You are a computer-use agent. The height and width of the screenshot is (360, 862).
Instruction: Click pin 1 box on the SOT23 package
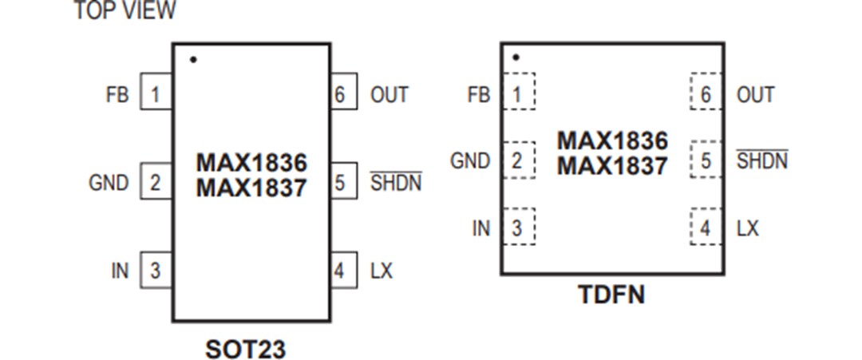click(156, 94)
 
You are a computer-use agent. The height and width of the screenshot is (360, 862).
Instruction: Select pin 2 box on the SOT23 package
click(156, 183)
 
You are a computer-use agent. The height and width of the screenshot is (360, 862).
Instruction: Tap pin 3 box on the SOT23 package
click(156, 271)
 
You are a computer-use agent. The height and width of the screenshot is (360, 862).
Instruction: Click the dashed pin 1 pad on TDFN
click(518, 94)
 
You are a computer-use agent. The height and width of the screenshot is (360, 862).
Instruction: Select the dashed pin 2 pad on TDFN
click(518, 160)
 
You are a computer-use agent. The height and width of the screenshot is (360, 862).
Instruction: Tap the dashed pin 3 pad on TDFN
click(518, 227)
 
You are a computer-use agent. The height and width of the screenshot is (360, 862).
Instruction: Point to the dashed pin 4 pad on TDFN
click(706, 227)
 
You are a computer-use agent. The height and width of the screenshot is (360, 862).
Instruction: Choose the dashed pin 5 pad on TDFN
click(706, 160)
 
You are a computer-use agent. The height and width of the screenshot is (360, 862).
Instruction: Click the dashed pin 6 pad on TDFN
click(706, 94)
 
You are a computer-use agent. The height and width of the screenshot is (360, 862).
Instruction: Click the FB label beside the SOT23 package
click(117, 94)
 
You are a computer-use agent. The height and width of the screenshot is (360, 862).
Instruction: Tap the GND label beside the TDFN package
click(470, 160)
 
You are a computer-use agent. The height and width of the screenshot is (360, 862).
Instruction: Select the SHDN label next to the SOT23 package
click(396, 183)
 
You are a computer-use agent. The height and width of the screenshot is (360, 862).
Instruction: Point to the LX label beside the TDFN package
click(748, 228)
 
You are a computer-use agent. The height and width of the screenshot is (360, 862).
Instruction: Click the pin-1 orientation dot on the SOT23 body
click(193, 60)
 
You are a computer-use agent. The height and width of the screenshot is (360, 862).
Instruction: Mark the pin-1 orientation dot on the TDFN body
click(516, 57)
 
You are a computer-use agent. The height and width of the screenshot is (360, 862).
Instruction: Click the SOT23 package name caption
click(245, 349)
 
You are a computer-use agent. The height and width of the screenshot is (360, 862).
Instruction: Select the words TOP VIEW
click(125, 11)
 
